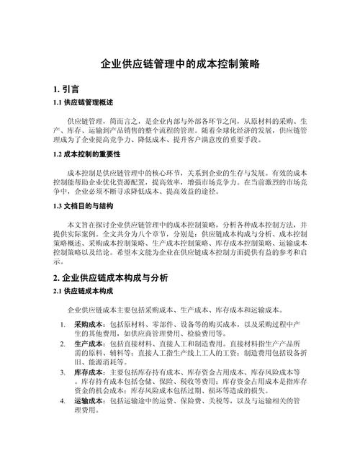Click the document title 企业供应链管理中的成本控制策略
(x=180, y=64)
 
